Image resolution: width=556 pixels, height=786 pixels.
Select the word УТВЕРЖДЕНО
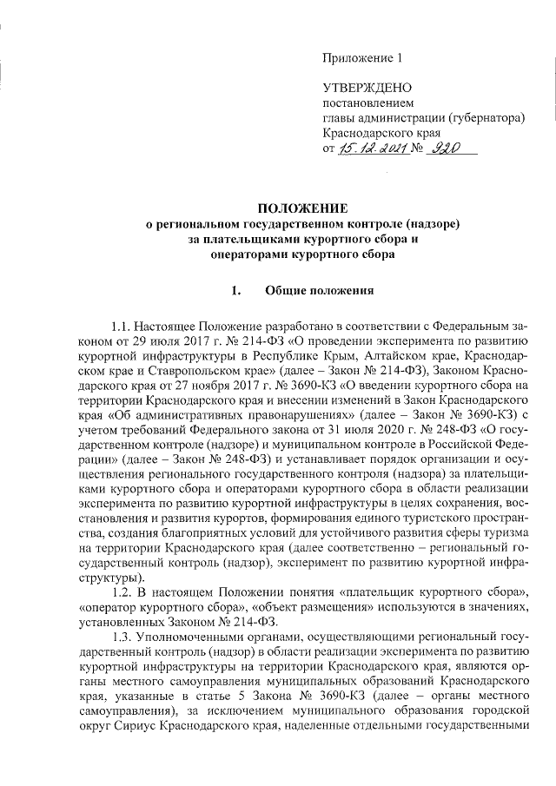[x=361, y=89]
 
